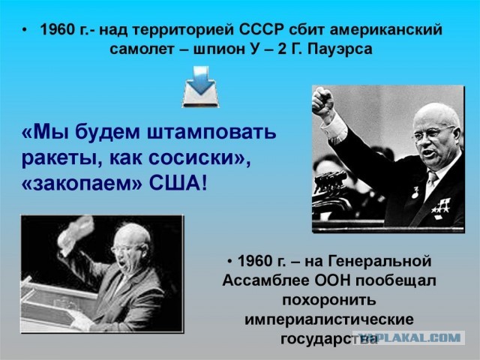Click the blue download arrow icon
(x=201, y=87)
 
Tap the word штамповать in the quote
(x=211, y=132)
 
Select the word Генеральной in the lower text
(x=380, y=261)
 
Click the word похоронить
(x=329, y=300)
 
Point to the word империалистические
(x=329, y=319)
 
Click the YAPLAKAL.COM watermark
(x=409, y=337)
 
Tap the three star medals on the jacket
(x=441, y=205)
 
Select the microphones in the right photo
(x=331, y=184)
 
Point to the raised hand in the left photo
(x=76, y=233)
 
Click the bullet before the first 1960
(x=25, y=31)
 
